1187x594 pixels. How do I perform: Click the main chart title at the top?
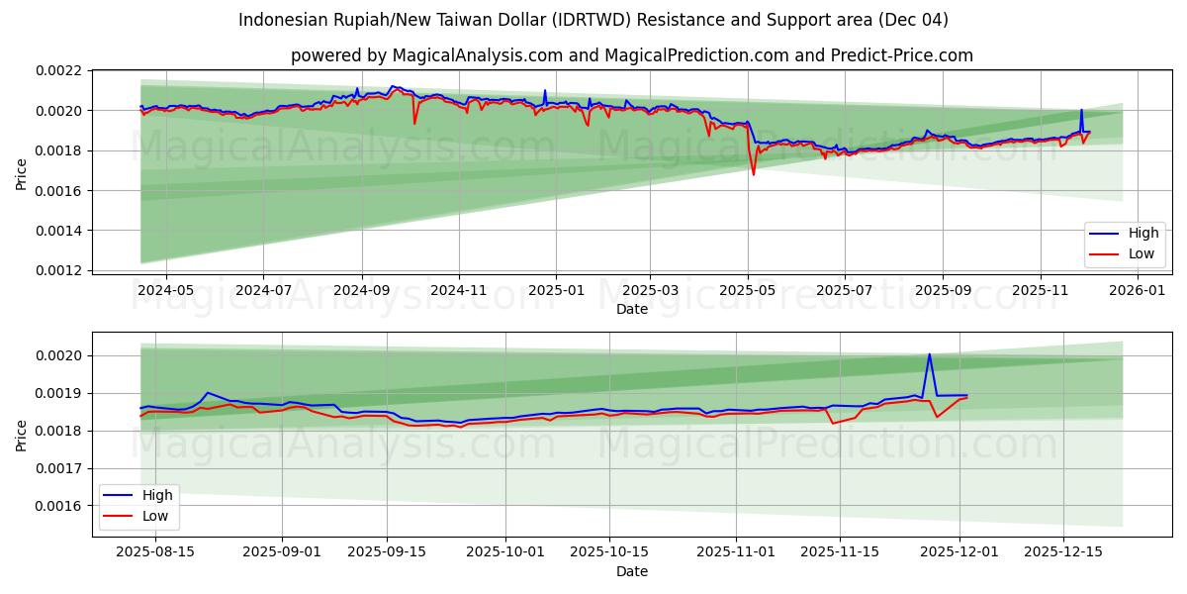(x=593, y=20)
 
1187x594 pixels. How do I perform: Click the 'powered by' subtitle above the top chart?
(x=632, y=55)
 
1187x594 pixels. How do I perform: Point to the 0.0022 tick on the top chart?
(x=59, y=71)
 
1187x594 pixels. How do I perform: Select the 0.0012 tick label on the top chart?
(x=59, y=270)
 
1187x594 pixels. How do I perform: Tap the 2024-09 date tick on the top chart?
(x=361, y=290)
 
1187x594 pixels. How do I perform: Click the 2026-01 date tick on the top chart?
(x=1138, y=290)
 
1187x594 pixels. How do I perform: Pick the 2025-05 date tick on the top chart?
(x=748, y=290)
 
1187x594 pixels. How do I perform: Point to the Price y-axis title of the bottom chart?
(x=22, y=435)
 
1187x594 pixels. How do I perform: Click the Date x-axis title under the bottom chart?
(x=632, y=571)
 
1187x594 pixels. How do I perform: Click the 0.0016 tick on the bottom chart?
(x=59, y=506)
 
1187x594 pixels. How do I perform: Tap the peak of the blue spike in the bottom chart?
(x=929, y=354)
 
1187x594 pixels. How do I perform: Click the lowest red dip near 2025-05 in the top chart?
(x=754, y=175)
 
